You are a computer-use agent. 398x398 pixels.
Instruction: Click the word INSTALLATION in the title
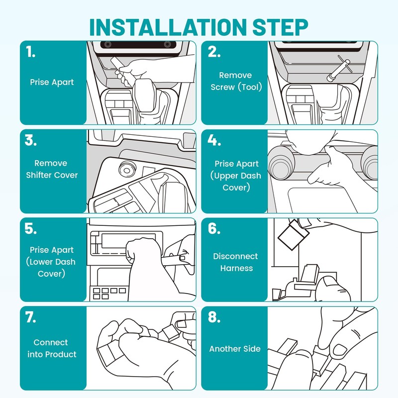(168, 27)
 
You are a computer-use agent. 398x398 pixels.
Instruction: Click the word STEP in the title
(280, 27)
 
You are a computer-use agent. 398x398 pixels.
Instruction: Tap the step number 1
(30, 52)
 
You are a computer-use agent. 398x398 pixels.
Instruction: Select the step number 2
(214, 52)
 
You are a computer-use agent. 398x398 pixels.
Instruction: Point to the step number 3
(31, 140)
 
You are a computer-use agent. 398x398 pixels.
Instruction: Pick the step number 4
(214, 140)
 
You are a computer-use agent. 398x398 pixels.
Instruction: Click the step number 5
(31, 228)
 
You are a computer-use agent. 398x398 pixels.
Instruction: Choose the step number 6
(214, 228)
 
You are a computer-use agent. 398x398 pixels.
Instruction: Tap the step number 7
(30, 317)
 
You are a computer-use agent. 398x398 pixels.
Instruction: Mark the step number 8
(214, 317)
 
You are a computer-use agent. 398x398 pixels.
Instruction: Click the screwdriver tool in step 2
(339, 69)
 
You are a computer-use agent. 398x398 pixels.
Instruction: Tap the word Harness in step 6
(237, 268)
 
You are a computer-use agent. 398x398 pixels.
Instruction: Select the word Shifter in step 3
(39, 175)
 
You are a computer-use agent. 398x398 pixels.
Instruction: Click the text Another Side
(235, 349)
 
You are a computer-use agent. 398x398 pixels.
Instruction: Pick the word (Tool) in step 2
(250, 87)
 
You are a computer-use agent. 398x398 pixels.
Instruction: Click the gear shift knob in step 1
(144, 95)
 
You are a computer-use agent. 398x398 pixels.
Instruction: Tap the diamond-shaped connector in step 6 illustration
(294, 235)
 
